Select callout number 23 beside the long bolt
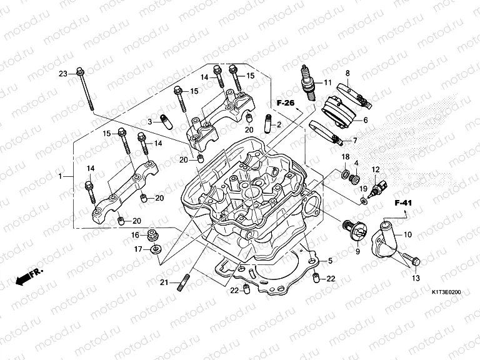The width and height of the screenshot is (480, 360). click(63, 74)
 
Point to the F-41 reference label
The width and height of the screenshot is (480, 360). click(403, 203)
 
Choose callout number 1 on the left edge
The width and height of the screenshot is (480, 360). click(61, 177)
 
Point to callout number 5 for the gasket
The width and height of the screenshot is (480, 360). click(330, 259)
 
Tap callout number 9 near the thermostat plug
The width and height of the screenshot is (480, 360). click(358, 251)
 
